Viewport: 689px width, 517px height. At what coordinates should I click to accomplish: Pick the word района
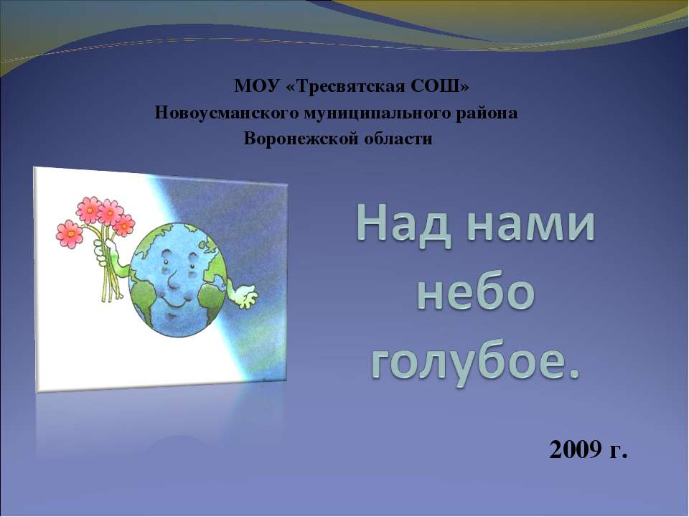pyautogui.click(x=487, y=113)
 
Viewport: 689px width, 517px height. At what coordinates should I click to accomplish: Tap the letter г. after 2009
pyautogui.click(x=618, y=450)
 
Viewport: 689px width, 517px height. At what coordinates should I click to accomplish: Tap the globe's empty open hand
pyautogui.click(x=244, y=292)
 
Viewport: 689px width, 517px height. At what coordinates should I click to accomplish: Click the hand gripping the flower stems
pyautogui.click(x=110, y=248)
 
